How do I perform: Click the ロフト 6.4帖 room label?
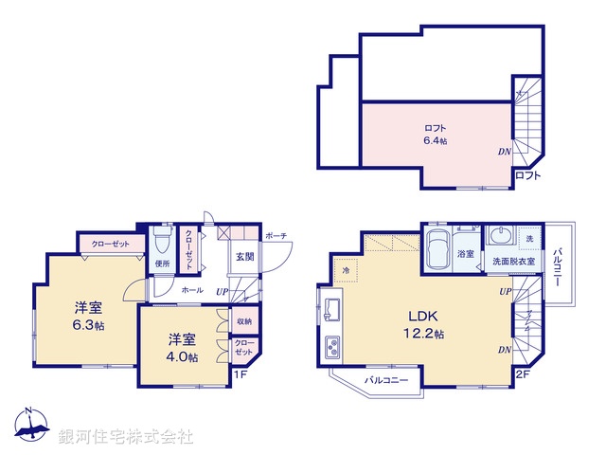coord(435,134)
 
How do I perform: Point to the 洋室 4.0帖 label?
coord(184,347)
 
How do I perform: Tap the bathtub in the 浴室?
coord(439,250)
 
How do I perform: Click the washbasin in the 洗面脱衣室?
coord(502,237)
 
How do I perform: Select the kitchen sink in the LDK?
coord(333,310)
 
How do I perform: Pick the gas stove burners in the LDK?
coord(333,347)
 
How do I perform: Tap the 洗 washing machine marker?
coord(530,237)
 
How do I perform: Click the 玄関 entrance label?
coord(244,256)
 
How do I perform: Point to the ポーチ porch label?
coord(276,235)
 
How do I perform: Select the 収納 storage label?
coord(243,322)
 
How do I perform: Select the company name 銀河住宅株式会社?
coord(125,436)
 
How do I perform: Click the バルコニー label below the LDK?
coord(387,381)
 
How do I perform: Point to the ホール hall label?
coord(191,289)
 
